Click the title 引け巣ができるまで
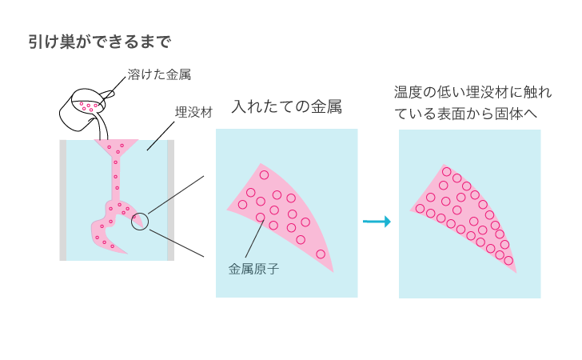100,41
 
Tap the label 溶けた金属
158,75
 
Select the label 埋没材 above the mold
193,112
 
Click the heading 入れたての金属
286,107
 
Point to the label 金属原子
253,269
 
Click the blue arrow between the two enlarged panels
377,222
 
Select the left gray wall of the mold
63,200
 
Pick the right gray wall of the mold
170,200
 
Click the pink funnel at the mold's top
117,146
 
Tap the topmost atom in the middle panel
264,175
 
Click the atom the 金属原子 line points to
260,217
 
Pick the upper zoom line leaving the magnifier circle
176,194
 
